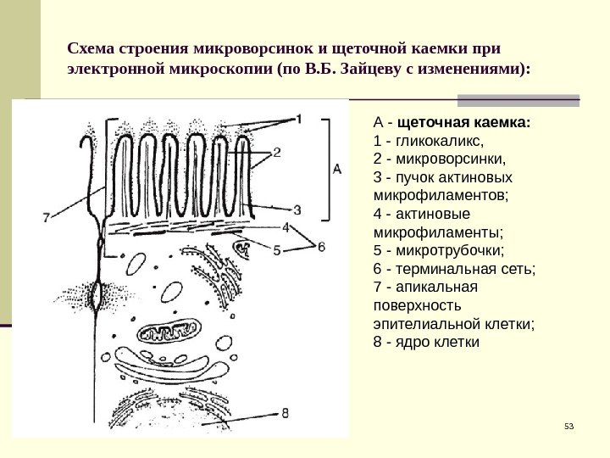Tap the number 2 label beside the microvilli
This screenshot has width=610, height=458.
[x=277, y=153]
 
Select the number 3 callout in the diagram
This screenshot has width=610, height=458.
[x=297, y=208]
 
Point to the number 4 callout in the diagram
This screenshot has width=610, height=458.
[x=286, y=226]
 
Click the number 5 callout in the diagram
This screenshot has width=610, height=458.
[x=276, y=249]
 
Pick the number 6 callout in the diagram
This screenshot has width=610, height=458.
[x=321, y=246]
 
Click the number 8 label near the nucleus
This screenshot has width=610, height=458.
[x=286, y=413]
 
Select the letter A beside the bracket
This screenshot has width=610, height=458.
[x=336, y=170]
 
